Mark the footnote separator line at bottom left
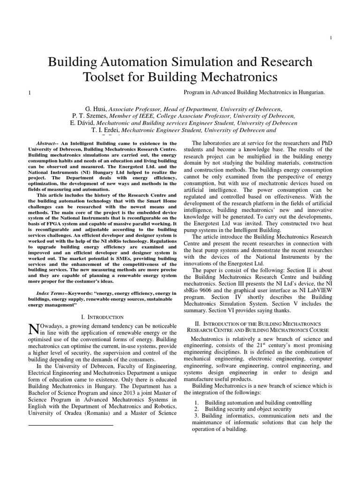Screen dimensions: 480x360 pos(71,425)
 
